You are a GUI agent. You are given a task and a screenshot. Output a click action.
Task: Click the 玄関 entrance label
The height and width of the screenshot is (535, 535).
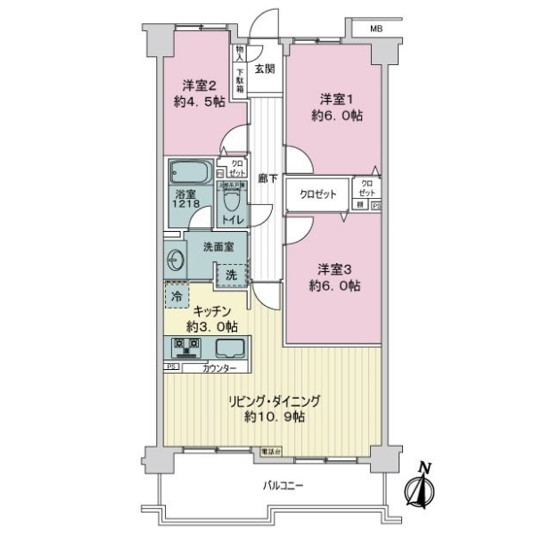click(264, 69)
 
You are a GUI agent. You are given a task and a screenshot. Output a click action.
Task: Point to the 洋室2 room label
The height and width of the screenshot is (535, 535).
click(202, 86)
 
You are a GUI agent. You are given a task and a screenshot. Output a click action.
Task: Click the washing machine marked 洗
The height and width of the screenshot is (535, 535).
click(231, 276)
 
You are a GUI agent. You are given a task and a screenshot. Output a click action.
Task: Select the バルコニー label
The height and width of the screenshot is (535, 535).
click(284, 487)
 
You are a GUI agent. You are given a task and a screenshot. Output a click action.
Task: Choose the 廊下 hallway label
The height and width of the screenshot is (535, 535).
click(265, 177)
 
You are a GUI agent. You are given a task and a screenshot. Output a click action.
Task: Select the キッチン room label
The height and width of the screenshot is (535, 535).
click(213, 311)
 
